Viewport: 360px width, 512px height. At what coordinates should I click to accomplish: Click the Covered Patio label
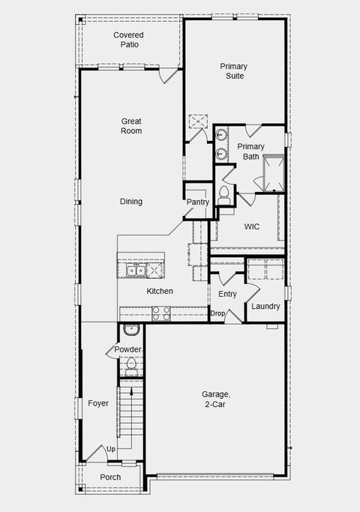point(128,40)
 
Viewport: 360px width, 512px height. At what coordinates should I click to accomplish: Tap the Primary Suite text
point(233,71)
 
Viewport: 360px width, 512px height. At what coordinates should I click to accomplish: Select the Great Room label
point(132,126)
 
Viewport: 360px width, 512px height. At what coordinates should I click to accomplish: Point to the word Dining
point(131,202)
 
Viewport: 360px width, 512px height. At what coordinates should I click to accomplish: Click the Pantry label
point(197,202)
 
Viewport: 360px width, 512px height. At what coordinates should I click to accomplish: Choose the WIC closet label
point(251,226)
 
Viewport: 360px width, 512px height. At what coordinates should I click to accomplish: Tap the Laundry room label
point(265,307)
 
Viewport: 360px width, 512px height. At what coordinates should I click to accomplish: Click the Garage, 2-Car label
point(216,399)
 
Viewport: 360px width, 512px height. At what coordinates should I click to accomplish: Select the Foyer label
point(97,403)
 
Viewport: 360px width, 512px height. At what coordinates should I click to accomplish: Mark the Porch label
point(110,478)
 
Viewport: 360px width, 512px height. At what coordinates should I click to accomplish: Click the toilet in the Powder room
point(131,365)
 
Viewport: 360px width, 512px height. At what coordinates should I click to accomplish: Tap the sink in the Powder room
point(130,330)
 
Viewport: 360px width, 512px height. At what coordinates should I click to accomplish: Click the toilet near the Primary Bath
point(223,194)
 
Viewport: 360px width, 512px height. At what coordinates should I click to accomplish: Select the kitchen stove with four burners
point(161,313)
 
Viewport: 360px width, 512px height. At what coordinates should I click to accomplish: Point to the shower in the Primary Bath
point(271,171)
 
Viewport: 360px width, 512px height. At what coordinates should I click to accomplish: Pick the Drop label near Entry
point(217,313)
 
